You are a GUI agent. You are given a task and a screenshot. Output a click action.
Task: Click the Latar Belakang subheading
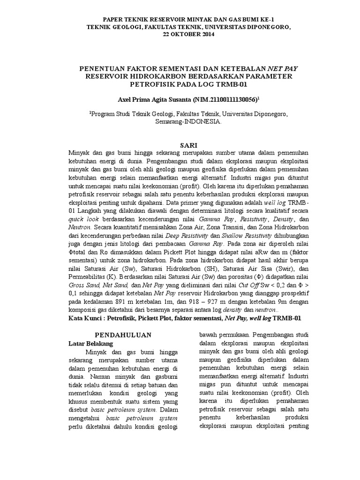[x=89, y=344]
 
